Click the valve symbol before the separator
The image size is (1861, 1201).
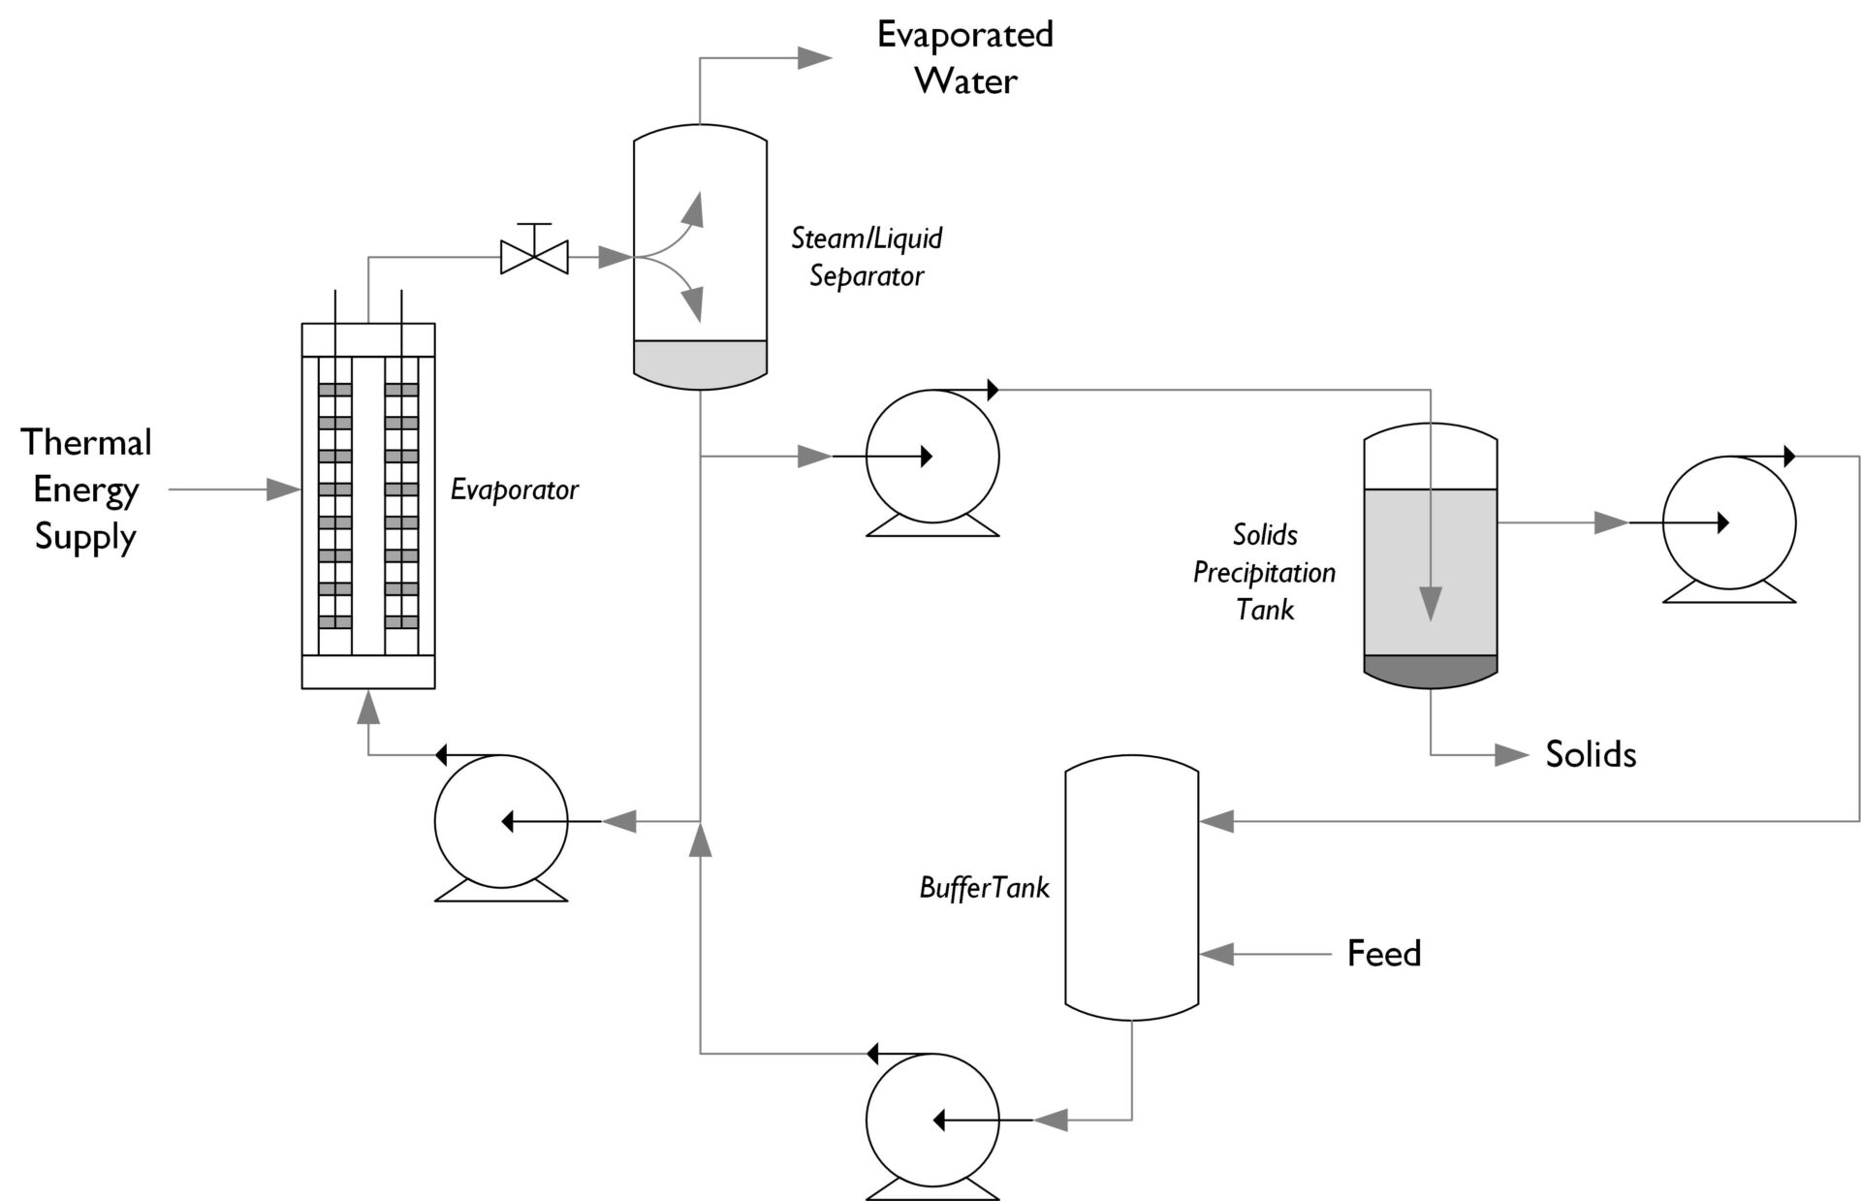533,257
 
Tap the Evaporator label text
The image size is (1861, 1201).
514,490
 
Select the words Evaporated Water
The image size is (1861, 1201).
964,58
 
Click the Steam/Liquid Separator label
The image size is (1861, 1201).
867,257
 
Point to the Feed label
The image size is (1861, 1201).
1383,954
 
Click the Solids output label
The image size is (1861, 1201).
1590,755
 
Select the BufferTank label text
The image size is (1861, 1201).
984,888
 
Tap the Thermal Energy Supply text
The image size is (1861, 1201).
85,490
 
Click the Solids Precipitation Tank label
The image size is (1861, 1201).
1264,572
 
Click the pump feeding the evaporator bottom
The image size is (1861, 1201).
500,822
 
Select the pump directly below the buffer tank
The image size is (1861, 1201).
931,1121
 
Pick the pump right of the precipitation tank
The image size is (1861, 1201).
1728,522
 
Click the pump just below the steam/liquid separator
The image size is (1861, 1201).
931,457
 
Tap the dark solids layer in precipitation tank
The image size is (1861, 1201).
1431,671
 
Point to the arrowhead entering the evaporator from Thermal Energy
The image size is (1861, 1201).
283,490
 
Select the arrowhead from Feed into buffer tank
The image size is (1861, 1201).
1217,954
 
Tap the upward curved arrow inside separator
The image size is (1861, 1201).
692,209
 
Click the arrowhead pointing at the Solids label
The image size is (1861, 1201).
1512,755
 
